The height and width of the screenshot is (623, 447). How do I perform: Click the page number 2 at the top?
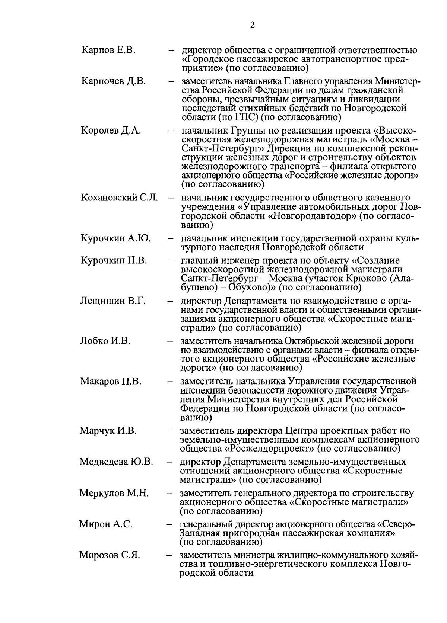pos(253,25)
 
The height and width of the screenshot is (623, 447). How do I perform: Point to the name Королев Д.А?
pos(111,131)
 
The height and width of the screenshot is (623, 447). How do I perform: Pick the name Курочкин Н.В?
pos(114,261)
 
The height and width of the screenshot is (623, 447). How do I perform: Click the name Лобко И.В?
pos(105,341)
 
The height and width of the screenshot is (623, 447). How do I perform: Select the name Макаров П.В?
pos(111,382)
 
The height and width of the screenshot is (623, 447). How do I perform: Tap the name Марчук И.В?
pos(108,431)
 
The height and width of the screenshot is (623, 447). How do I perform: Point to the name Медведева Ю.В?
pos(116,462)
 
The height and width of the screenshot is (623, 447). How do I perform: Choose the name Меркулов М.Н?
pos(114,494)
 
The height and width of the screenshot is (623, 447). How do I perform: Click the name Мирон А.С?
pos(106,524)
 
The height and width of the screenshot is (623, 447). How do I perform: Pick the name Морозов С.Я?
pos(110,556)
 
